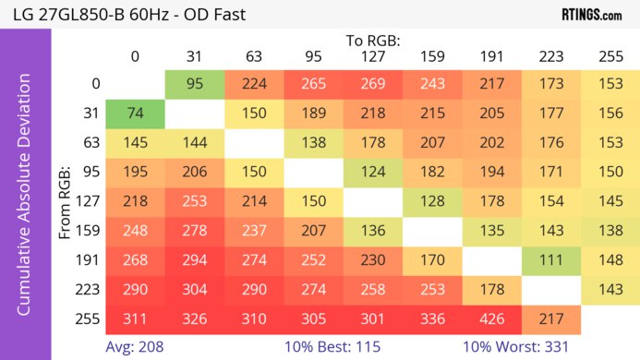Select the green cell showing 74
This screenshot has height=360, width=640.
[135, 114]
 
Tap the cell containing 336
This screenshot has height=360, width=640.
[431, 319]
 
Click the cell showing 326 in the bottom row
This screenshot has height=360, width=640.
[194, 319]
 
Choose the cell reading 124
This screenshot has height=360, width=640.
[372, 173]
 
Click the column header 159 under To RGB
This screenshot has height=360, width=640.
[431, 56]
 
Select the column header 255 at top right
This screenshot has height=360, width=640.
[609, 56]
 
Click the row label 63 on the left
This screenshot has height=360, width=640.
[90, 143]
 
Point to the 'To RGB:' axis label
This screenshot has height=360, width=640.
[372, 41]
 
